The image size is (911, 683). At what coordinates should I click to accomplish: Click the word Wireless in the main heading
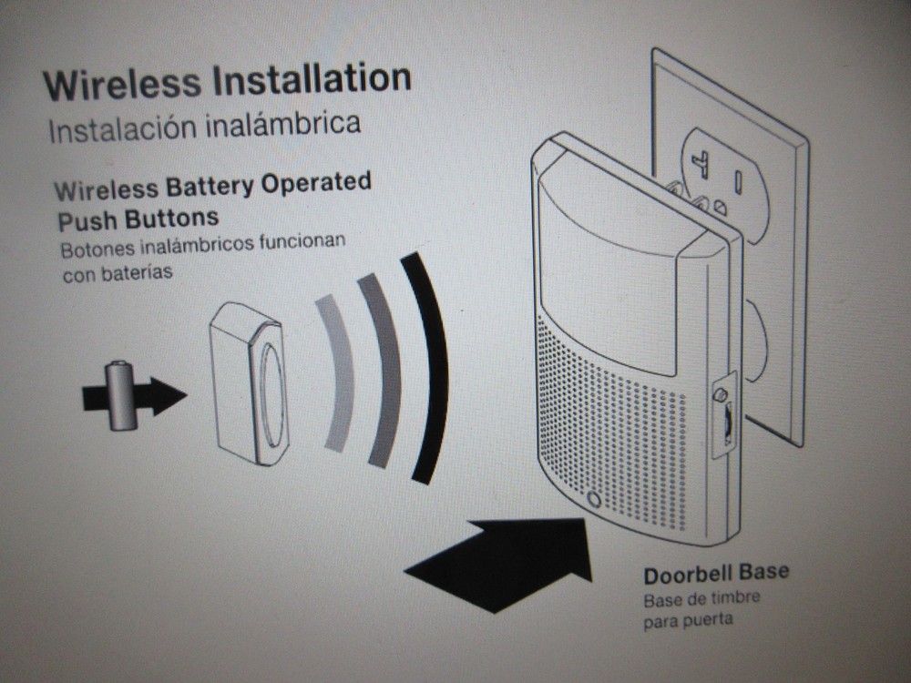click(120, 85)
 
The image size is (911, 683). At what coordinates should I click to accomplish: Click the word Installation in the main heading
click(312, 79)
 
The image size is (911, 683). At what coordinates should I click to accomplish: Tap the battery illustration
click(119, 395)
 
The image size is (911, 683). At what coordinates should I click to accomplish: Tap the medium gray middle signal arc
click(383, 369)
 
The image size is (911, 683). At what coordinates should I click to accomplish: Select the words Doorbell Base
click(716, 575)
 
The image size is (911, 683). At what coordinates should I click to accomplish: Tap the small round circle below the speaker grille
click(594, 500)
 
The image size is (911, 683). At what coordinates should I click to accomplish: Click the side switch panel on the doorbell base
click(722, 413)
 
